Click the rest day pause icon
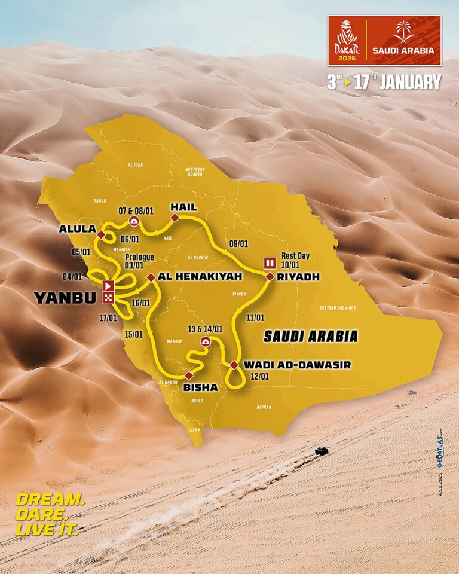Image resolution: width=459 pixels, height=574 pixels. tap(270, 262)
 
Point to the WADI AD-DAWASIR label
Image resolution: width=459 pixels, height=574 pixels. tap(297, 364)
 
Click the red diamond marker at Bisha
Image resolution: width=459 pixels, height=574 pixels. tap(189, 375)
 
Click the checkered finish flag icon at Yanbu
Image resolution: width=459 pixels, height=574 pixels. tap(108, 297)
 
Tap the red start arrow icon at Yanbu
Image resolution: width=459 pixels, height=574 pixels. tap(108, 286)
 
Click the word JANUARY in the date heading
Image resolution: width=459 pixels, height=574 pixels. tap(409, 82)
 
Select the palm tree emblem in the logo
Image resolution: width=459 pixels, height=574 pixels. tap(403, 32)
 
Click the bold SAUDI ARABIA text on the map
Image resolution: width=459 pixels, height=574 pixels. tap(311, 337)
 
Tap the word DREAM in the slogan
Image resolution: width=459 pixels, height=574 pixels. tap(50, 500)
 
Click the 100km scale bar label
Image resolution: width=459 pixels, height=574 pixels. tap(410, 393)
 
